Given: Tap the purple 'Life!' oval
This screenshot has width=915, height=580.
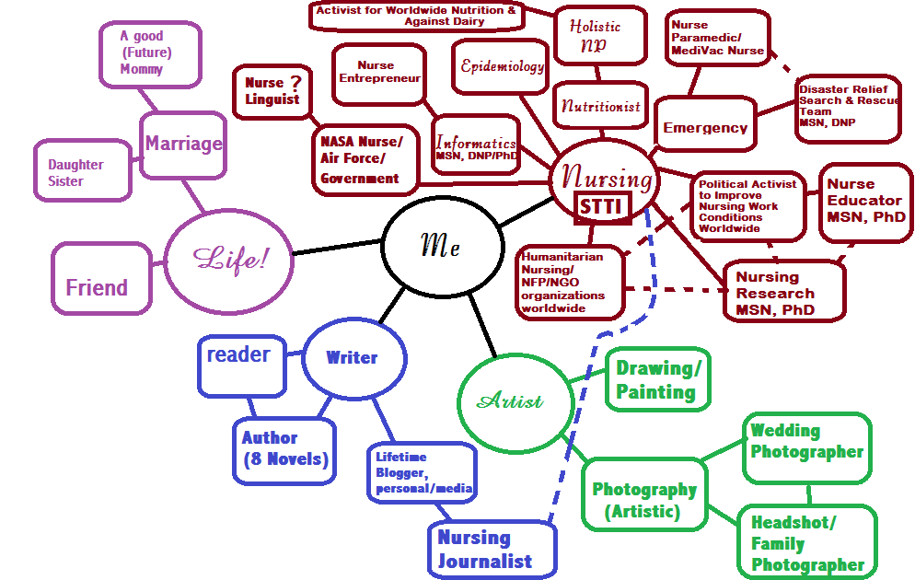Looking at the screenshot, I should (x=228, y=259).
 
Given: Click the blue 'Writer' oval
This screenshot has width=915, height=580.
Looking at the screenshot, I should (x=352, y=357).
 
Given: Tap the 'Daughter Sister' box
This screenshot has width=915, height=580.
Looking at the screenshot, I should (x=81, y=172).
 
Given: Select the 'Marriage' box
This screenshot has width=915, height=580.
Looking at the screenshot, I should (x=183, y=144).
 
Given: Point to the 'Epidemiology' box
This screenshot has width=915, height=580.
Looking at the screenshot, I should (x=503, y=67).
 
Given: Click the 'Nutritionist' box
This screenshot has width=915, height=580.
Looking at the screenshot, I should (x=601, y=106).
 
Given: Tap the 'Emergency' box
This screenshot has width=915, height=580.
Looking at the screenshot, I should (x=705, y=128).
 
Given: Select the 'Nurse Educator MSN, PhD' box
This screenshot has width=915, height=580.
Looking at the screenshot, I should (x=863, y=201).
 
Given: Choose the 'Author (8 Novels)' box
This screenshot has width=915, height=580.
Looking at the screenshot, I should (x=283, y=448).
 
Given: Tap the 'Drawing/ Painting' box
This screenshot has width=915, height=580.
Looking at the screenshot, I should (x=656, y=379).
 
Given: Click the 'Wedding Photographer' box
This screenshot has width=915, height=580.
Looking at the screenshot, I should (x=806, y=441).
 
